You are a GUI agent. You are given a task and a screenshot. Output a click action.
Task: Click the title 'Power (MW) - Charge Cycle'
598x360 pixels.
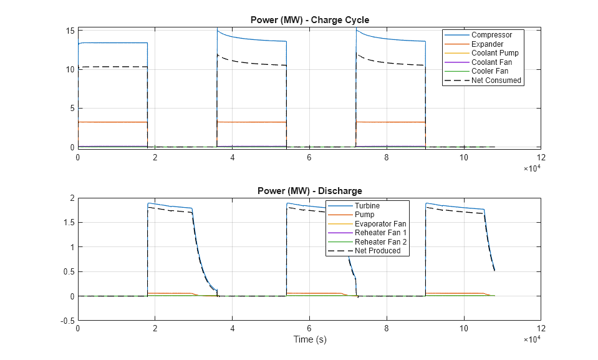[309, 19]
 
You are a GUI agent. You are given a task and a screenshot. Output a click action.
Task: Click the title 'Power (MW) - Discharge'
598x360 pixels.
[309, 190]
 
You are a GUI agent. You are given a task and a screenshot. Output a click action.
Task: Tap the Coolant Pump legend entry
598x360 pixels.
[494, 53]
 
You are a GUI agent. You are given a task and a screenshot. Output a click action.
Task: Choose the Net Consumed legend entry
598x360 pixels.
[496, 80]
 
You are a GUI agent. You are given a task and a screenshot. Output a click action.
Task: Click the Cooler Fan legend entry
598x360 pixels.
[489, 71]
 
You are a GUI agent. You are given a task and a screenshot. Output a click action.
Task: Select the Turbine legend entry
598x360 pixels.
[368, 206]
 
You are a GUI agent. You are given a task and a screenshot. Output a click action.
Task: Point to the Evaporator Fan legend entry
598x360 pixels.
[380, 223]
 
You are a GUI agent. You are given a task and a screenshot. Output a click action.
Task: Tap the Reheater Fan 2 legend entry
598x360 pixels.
[380, 241]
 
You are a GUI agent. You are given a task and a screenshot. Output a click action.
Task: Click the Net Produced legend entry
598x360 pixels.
[377, 251]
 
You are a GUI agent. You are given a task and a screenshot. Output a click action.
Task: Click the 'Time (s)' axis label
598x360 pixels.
[309, 340]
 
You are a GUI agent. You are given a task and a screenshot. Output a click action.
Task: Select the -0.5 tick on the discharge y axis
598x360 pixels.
[67, 321]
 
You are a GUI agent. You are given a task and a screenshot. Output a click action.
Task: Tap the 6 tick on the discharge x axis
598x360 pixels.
[309, 328]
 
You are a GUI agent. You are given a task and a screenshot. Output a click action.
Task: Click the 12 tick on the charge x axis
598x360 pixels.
[541, 157]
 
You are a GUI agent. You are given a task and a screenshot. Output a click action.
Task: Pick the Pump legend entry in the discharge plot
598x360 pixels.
[365, 215]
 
